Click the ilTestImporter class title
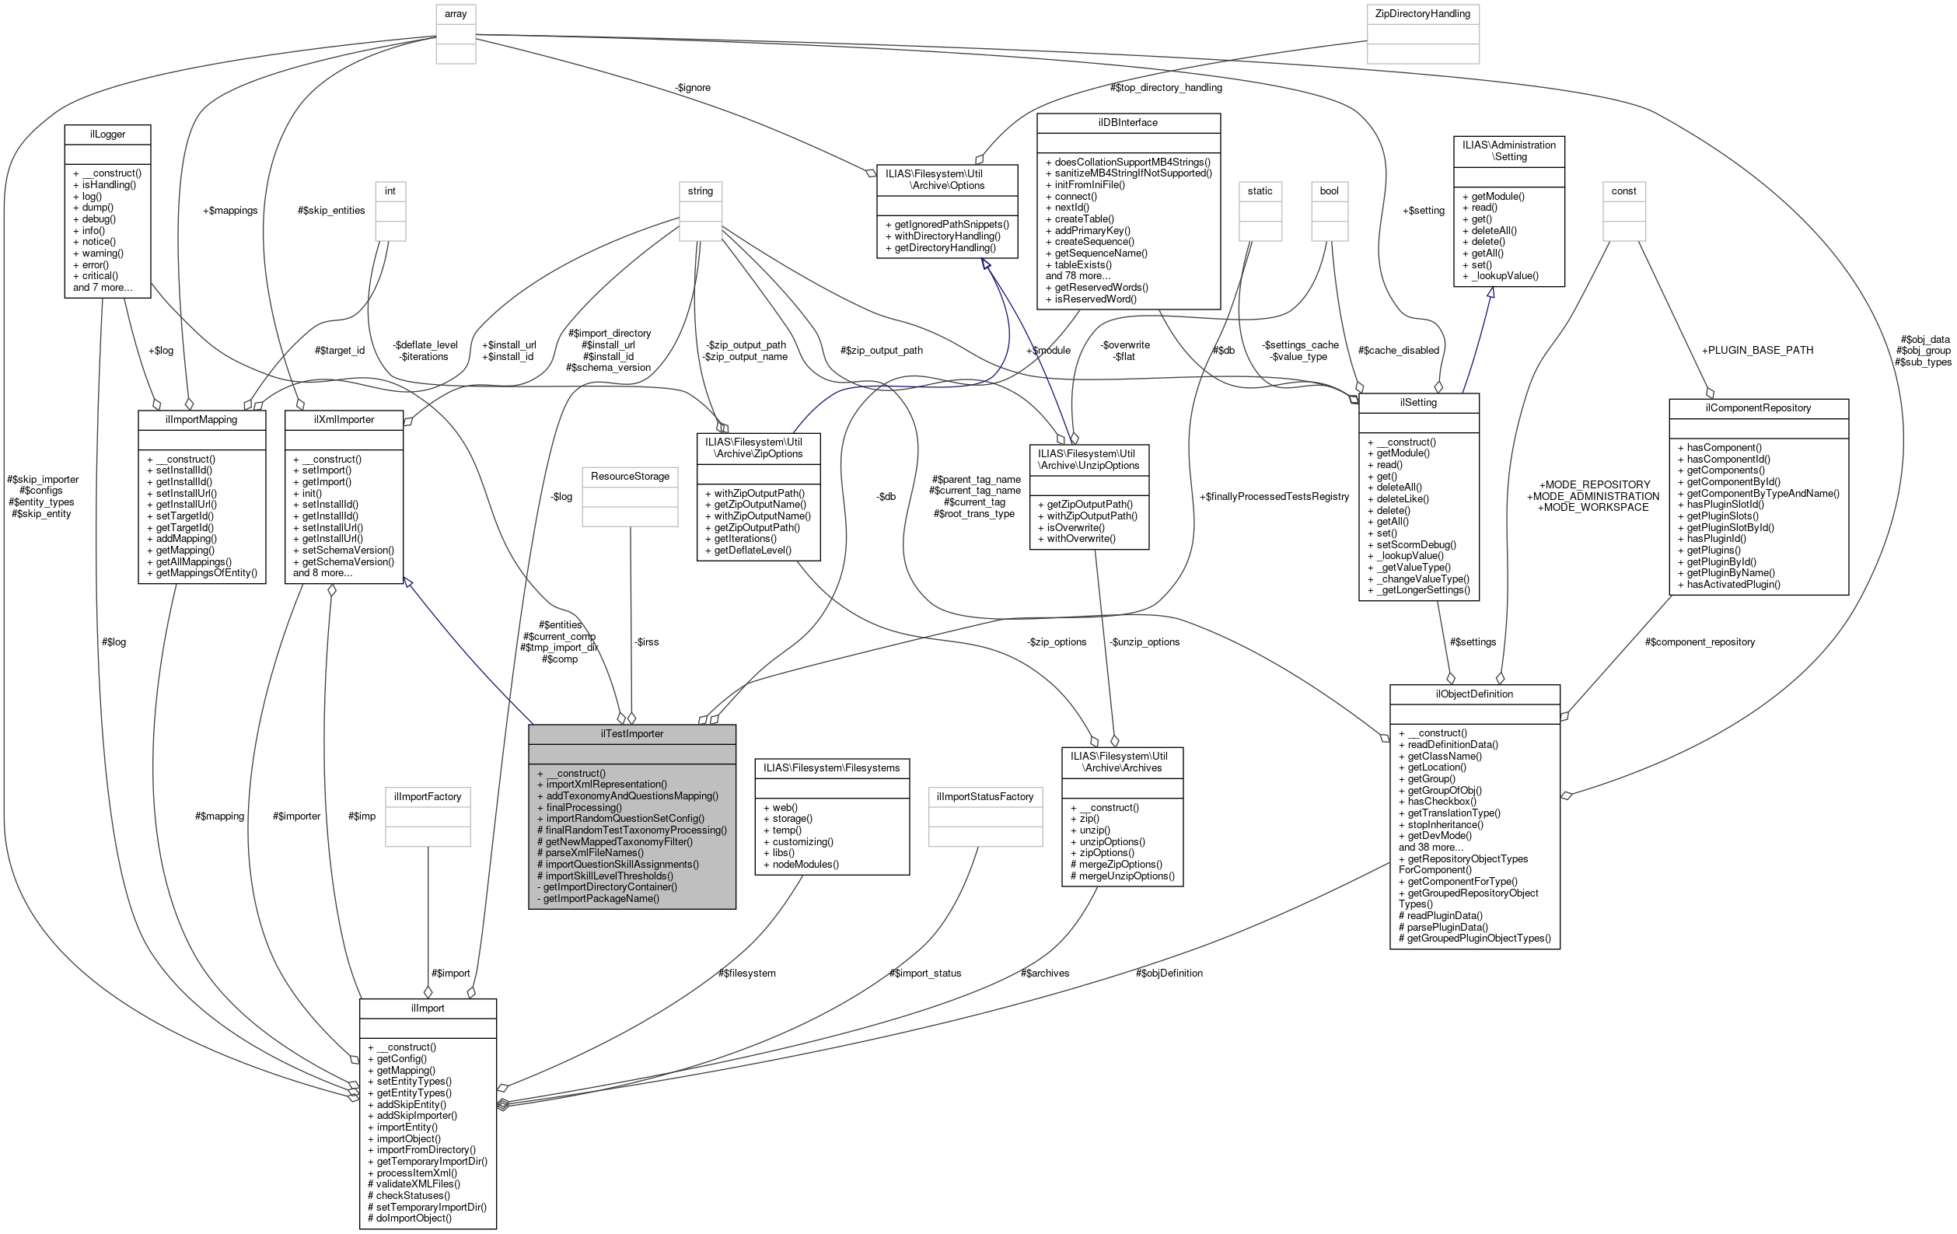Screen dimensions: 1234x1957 click(631, 733)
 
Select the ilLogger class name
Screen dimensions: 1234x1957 click(107, 134)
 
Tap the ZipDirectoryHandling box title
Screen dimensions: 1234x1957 click(1422, 14)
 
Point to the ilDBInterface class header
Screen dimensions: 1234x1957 click(1127, 123)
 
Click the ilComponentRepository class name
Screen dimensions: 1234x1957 click(1758, 408)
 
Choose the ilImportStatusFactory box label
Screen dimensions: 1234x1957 click(984, 797)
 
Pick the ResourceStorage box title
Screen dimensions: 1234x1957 click(630, 477)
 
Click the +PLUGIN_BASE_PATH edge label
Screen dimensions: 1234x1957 click(1757, 351)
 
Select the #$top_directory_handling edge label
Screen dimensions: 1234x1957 click(1165, 88)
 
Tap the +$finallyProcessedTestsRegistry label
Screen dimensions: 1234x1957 click(1274, 497)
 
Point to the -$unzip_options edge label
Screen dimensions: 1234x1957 click(1144, 642)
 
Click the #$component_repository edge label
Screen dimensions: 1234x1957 click(1700, 642)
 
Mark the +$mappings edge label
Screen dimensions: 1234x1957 click(230, 211)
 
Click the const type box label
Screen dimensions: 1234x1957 click(1623, 191)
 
